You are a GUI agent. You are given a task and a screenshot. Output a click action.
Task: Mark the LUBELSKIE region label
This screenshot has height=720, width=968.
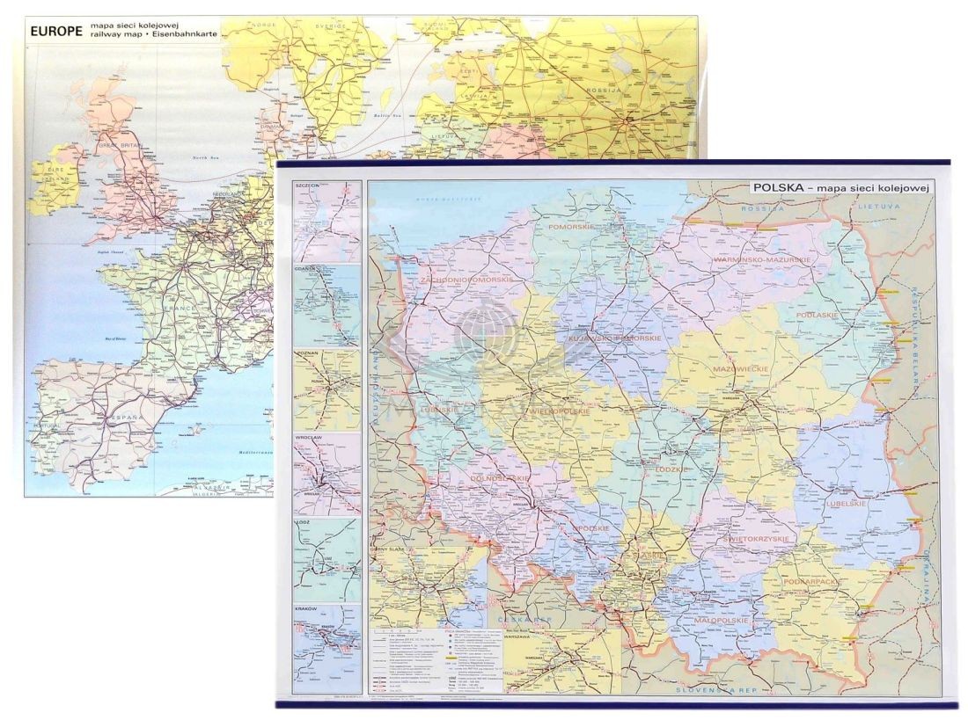[x=846, y=504]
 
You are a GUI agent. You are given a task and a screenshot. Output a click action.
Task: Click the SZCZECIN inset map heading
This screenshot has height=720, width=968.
[x=308, y=186]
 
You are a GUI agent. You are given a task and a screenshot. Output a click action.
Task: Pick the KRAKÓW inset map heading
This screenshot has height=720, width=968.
[x=307, y=609]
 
